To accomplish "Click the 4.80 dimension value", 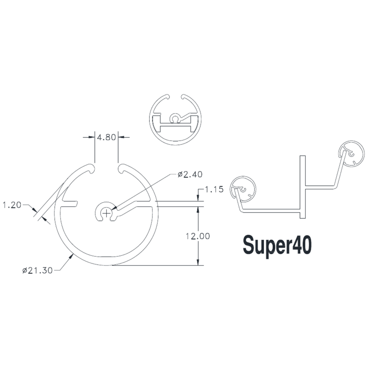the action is (x=106, y=137).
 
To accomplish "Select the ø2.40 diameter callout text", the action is (x=190, y=174).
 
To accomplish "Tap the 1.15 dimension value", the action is (x=214, y=189).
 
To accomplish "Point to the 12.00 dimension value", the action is (x=198, y=236).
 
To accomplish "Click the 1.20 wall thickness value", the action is (x=12, y=205).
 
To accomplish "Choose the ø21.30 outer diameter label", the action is (x=37, y=271).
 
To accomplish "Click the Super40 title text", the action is (x=277, y=246).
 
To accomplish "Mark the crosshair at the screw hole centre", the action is (x=107, y=213).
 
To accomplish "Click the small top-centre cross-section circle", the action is (x=175, y=120).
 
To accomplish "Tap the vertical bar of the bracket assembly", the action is (x=303, y=187).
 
